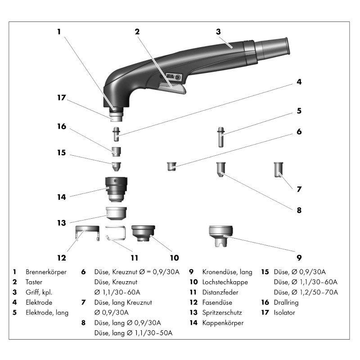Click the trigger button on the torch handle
click(173, 87)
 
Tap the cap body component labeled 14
click(117, 189)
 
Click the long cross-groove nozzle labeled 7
click(279, 170)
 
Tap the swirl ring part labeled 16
click(116, 150)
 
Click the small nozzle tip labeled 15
click(116, 166)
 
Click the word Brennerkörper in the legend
click(46, 272)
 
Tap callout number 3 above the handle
click(218, 31)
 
